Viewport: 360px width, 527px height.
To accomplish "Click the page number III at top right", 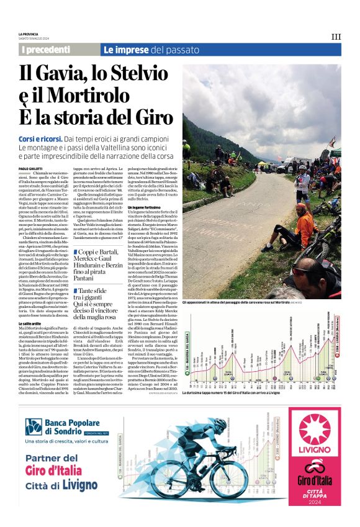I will [336, 37].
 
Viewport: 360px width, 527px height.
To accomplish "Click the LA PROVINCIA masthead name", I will [29, 34].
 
